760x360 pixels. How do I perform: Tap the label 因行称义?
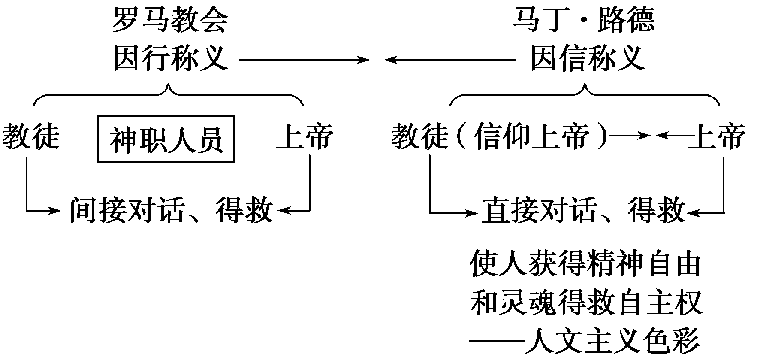[x=170, y=59]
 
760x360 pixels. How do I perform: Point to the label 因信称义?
[x=588, y=59]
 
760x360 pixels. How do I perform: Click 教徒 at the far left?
[x=31, y=137]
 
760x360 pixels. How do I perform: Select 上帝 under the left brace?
[x=305, y=137]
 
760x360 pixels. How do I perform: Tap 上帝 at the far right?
[x=717, y=137]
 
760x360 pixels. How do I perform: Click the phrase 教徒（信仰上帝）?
[x=500, y=137]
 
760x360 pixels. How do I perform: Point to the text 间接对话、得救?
[x=172, y=210]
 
